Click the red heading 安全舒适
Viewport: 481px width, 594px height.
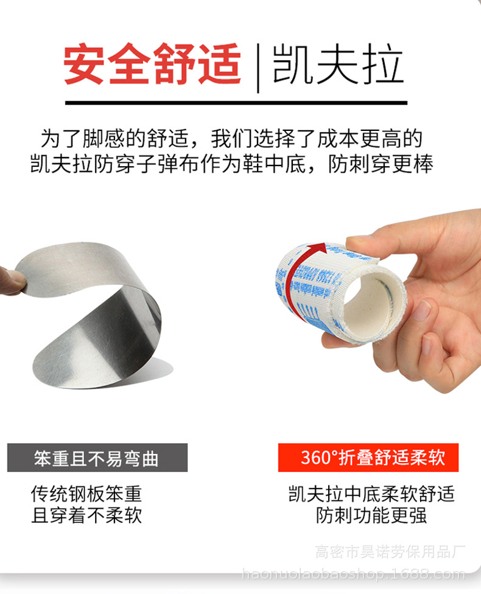(152, 64)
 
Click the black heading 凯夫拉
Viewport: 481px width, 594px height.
(338, 64)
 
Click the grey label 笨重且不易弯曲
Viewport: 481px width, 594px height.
(97, 458)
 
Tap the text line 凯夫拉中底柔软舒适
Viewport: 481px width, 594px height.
(371, 493)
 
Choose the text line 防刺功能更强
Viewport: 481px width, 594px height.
(371, 515)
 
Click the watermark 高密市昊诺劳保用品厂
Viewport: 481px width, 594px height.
(390, 552)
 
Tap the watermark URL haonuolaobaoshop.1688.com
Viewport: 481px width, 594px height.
(353, 574)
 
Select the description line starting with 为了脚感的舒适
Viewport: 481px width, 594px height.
(231, 139)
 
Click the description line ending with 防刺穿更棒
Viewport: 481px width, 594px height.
(231, 164)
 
